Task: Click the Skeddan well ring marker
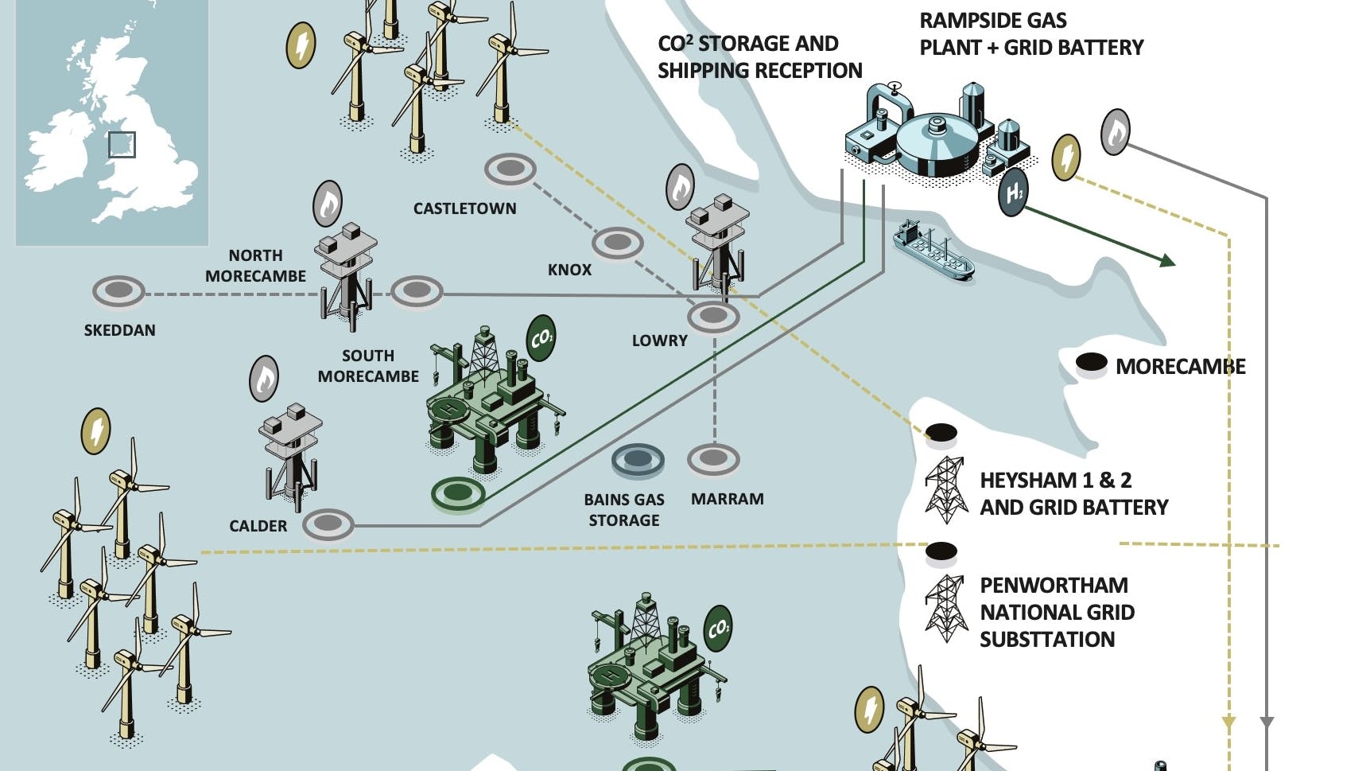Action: [x=118, y=291]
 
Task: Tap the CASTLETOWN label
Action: [x=464, y=208]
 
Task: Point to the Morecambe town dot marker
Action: [x=1091, y=364]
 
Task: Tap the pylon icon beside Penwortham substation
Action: [x=945, y=609]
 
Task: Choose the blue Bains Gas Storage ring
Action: [x=638, y=460]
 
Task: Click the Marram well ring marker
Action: [x=713, y=458]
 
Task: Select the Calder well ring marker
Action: [x=328, y=524]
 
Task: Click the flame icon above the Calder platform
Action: [x=264, y=379]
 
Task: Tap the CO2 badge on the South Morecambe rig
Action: [x=541, y=339]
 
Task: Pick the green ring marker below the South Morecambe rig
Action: [x=458, y=493]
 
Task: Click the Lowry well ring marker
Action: [x=713, y=317]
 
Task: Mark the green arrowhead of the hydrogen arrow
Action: [x=1167, y=260]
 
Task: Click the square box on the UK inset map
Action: [x=122, y=145]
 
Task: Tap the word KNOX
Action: [x=569, y=270]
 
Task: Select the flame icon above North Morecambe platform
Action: [x=328, y=204]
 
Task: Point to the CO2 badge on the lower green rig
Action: [x=718, y=629]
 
